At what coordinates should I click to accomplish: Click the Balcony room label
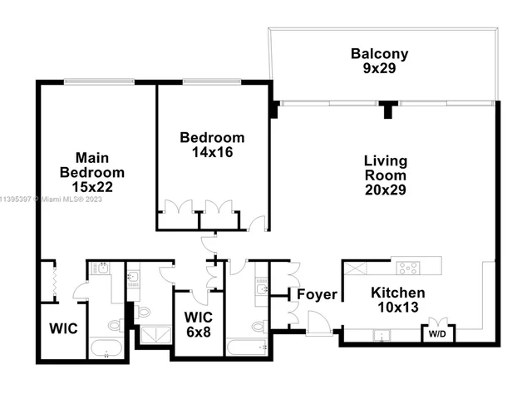pos(379,54)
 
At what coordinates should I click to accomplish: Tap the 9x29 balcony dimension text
pos(379,69)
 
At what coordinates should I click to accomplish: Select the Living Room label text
pos(385,167)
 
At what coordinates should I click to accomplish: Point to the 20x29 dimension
pos(385,190)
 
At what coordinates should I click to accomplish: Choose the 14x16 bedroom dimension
pos(212,152)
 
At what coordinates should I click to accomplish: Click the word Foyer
pos(317,294)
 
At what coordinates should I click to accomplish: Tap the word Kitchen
pos(397,293)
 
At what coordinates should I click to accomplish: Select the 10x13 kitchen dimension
pos(397,308)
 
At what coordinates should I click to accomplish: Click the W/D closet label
pos(436,334)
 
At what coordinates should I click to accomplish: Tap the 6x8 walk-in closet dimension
pos(198,332)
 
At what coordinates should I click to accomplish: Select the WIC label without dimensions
pos(62,328)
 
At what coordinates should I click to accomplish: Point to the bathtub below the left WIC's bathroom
pos(106,348)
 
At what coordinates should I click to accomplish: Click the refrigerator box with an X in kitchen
pos(356,268)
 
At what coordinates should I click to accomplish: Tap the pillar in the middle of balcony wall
pos(387,109)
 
